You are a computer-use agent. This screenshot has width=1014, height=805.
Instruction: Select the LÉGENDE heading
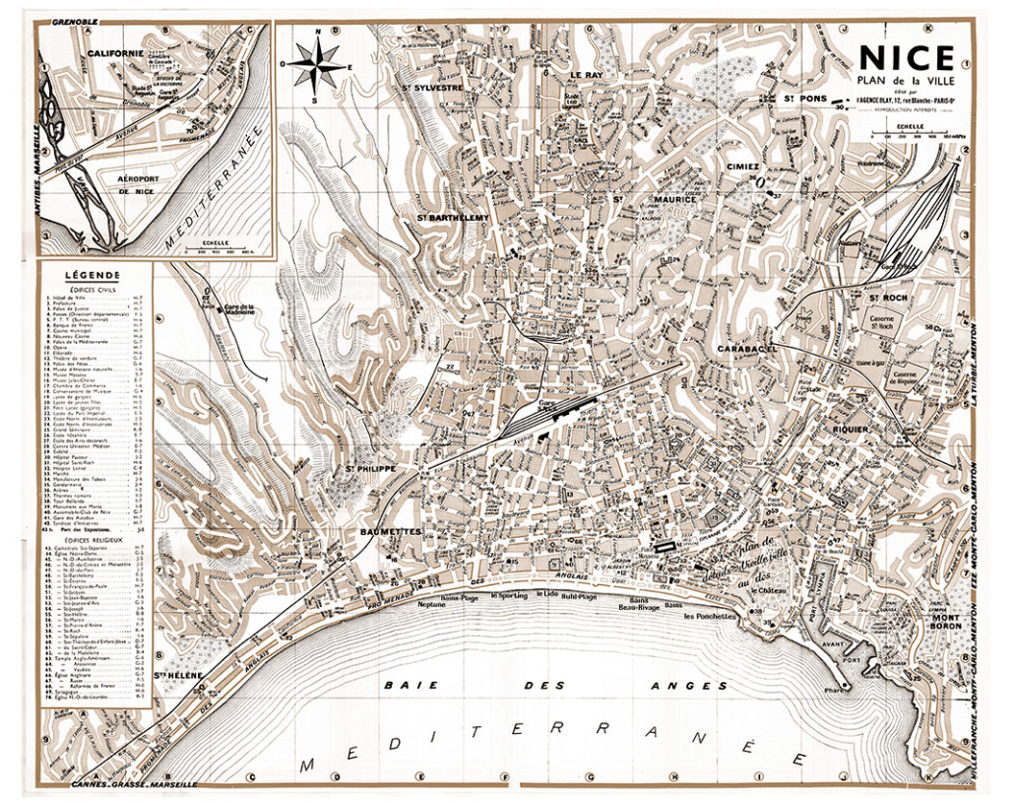point(93,275)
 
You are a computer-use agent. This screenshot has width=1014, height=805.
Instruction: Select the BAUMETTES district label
point(391,532)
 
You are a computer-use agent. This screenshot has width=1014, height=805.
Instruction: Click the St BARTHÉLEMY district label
point(453,217)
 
